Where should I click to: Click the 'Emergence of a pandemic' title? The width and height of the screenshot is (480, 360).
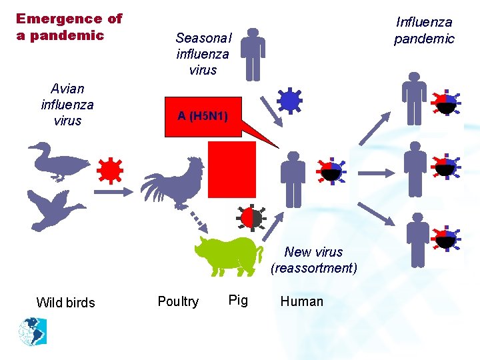tap(69, 27)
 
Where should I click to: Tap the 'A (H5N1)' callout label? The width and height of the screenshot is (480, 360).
tap(203, 116)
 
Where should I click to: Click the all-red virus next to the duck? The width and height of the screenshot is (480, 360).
tap(109, 171)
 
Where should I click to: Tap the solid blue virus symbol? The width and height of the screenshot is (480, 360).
tap(289, 101)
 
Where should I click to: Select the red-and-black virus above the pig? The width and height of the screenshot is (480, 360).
tap(251, 218)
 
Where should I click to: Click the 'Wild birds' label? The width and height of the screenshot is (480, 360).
tap(65, 303)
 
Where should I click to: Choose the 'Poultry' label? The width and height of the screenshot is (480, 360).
tap(178, 301)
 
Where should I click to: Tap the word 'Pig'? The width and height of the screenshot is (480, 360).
tap(238, 300)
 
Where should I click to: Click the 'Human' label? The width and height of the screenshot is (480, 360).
tap(302, 301)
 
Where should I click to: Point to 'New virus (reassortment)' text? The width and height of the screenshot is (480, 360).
tap(313, 260)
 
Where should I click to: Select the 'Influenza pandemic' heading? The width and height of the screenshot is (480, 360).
tap(424, 31)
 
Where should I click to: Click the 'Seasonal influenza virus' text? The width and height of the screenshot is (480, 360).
tap(203, 54)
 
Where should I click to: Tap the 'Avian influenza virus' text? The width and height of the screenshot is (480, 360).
tap(67, 105)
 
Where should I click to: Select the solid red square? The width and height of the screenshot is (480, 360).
tap(232, 169)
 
